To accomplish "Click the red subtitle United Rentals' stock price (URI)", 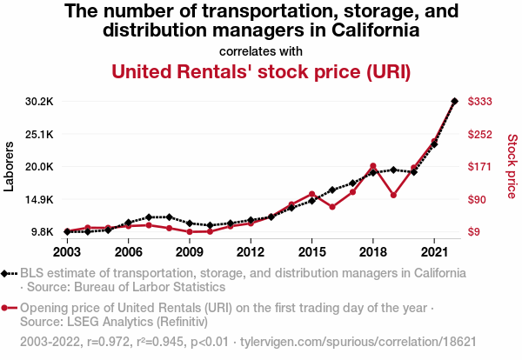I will pos(261,70).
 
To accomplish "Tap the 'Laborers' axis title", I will pos(10,167).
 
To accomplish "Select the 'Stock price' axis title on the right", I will pos(512,166).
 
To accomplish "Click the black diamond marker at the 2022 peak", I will pos(454,101).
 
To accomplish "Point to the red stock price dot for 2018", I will pos(372,166).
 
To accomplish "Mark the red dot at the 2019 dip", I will pos(393,195).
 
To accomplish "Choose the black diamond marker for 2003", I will pos(67,231).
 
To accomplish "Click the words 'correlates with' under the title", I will pos(261,50).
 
